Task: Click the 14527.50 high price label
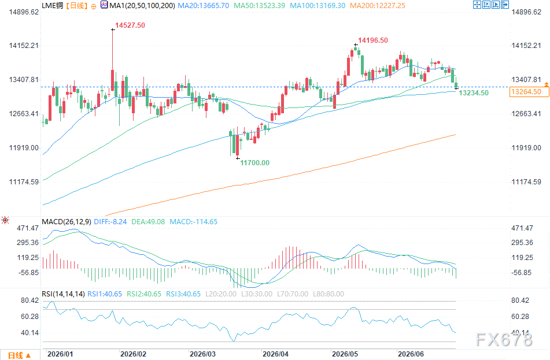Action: pos(130,25)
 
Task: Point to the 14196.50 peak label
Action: pos(373,40)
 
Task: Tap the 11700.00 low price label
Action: pos(254,162)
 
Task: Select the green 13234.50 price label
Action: pos(474,93)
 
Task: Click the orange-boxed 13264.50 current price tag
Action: pos(526,92)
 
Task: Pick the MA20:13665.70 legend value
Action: pos(204,6)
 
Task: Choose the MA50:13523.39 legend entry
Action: pos(259,6)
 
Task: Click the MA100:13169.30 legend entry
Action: pos(318,6)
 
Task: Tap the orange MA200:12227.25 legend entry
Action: pos(378,6)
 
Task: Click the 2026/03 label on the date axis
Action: pos(203,354)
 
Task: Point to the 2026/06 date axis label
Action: pos(411,354)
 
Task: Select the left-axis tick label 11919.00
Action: pos(24,147)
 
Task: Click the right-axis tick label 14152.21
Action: pos(526,46)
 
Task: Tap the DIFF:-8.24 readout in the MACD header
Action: pos(110,221)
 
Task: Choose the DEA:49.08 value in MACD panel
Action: pos(148,221)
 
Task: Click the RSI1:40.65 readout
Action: pos(105,294)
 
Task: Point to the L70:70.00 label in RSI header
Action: pos(293,294)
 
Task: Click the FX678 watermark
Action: pos(504,339)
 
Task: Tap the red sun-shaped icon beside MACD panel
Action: pos(5,220)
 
